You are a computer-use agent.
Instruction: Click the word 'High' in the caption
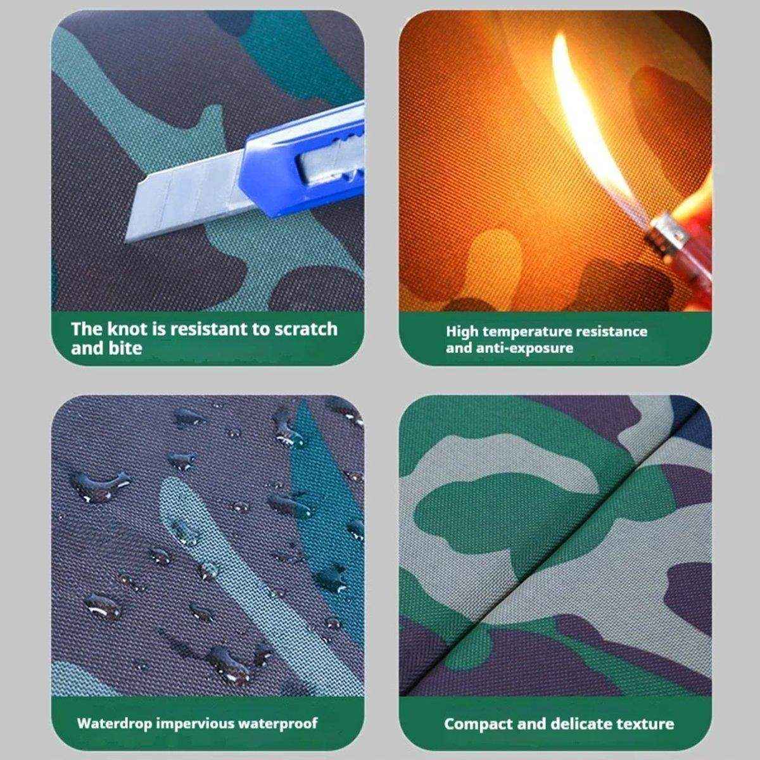(462, 332)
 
